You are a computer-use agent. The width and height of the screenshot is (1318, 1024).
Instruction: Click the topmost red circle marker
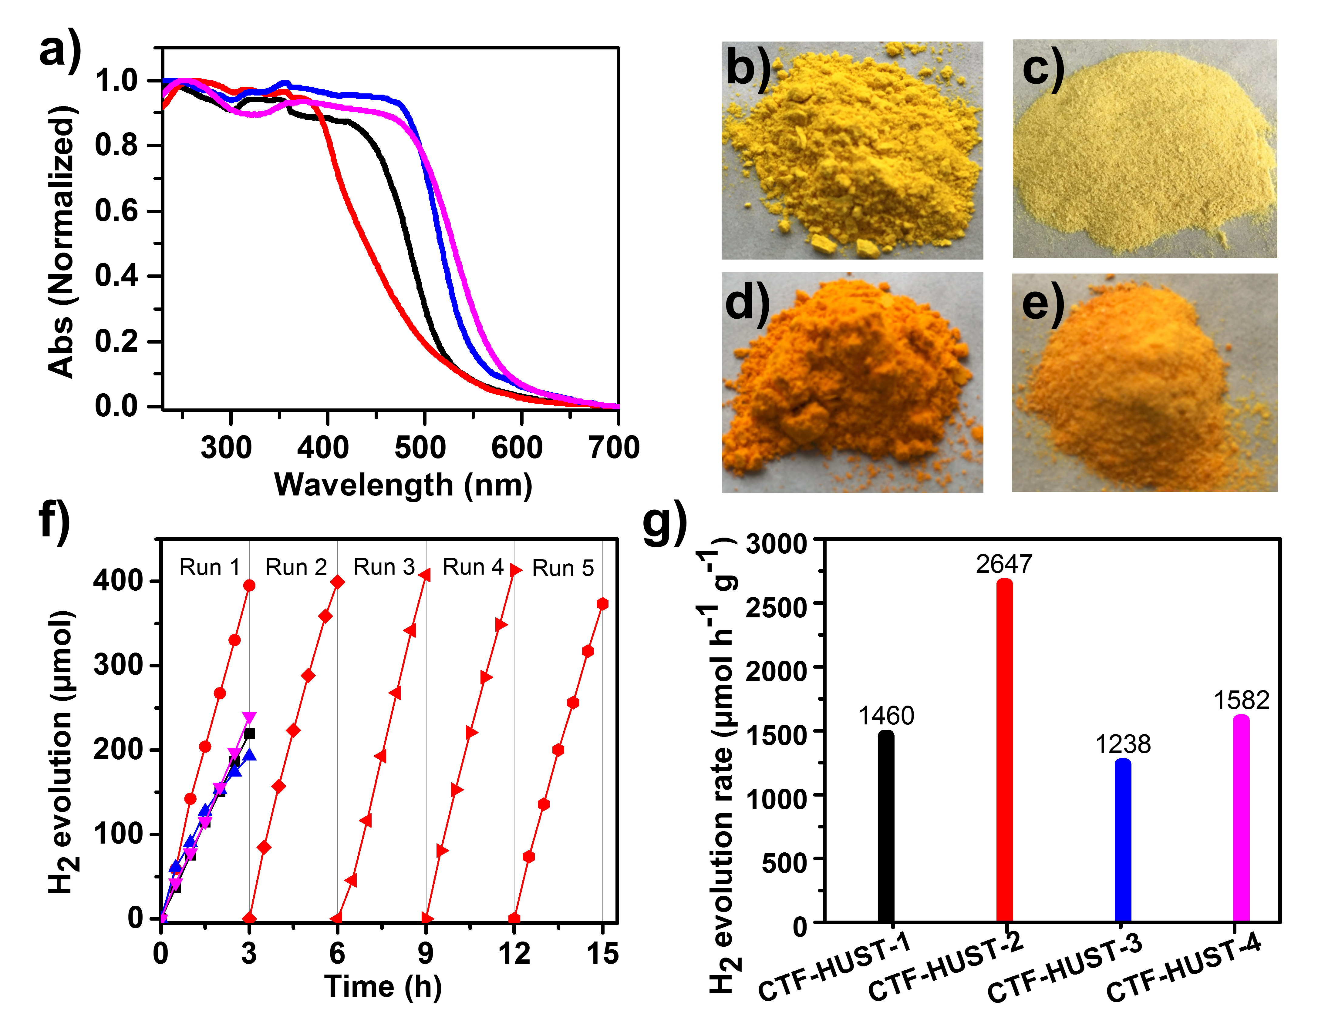click(249, 585)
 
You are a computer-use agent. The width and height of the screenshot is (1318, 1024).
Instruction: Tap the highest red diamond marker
click(338, 582)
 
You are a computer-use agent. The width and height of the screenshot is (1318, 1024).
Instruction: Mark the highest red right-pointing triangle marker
click(515, 570)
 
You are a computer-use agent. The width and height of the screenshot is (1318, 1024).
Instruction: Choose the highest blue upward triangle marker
click(249, 754)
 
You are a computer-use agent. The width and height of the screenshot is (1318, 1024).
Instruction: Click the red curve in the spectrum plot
click(362, 229)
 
